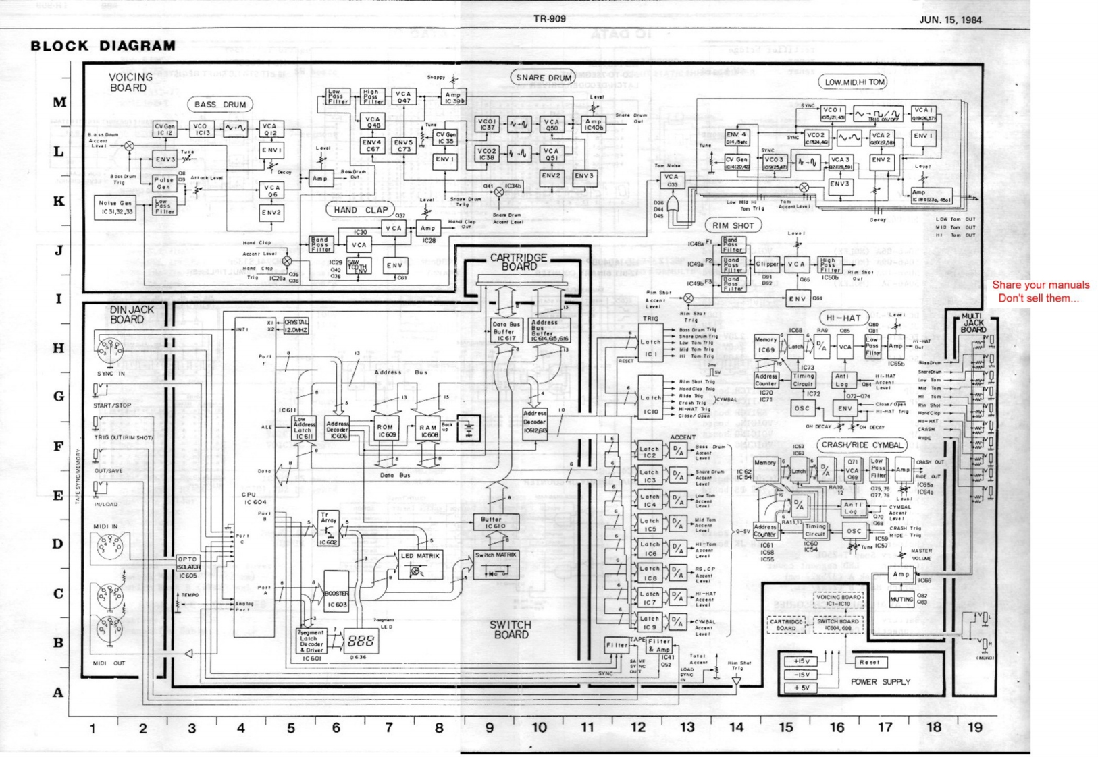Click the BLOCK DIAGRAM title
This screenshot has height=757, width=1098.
[x=103, y=46]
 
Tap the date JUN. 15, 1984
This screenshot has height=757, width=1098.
[x=950, y=20]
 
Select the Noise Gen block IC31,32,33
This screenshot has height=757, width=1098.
[x=115, y=207]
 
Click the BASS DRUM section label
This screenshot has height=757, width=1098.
[x=219, y=105]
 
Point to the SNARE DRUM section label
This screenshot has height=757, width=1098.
[x=544, y=78]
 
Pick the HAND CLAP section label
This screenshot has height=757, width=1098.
[x=361, y=210]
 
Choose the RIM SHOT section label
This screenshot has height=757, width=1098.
[x=733, y=225]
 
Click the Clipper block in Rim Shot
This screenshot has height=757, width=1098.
[x=766, y=264]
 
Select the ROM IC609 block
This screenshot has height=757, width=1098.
[x=386, y=430]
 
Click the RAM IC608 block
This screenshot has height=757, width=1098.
[x=428, y=430]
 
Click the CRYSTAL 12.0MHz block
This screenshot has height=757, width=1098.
[x=296, y=326]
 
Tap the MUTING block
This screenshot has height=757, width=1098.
[x=901, y=599]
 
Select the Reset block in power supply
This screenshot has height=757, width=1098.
[x=870, y=662]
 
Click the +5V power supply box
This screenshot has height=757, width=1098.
[x=802, y=688]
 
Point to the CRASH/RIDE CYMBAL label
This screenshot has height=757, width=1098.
[x=862, y=445]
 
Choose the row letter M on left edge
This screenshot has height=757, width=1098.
[x=59, y=103]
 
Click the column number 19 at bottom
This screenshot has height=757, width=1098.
[x=974, y=727]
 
